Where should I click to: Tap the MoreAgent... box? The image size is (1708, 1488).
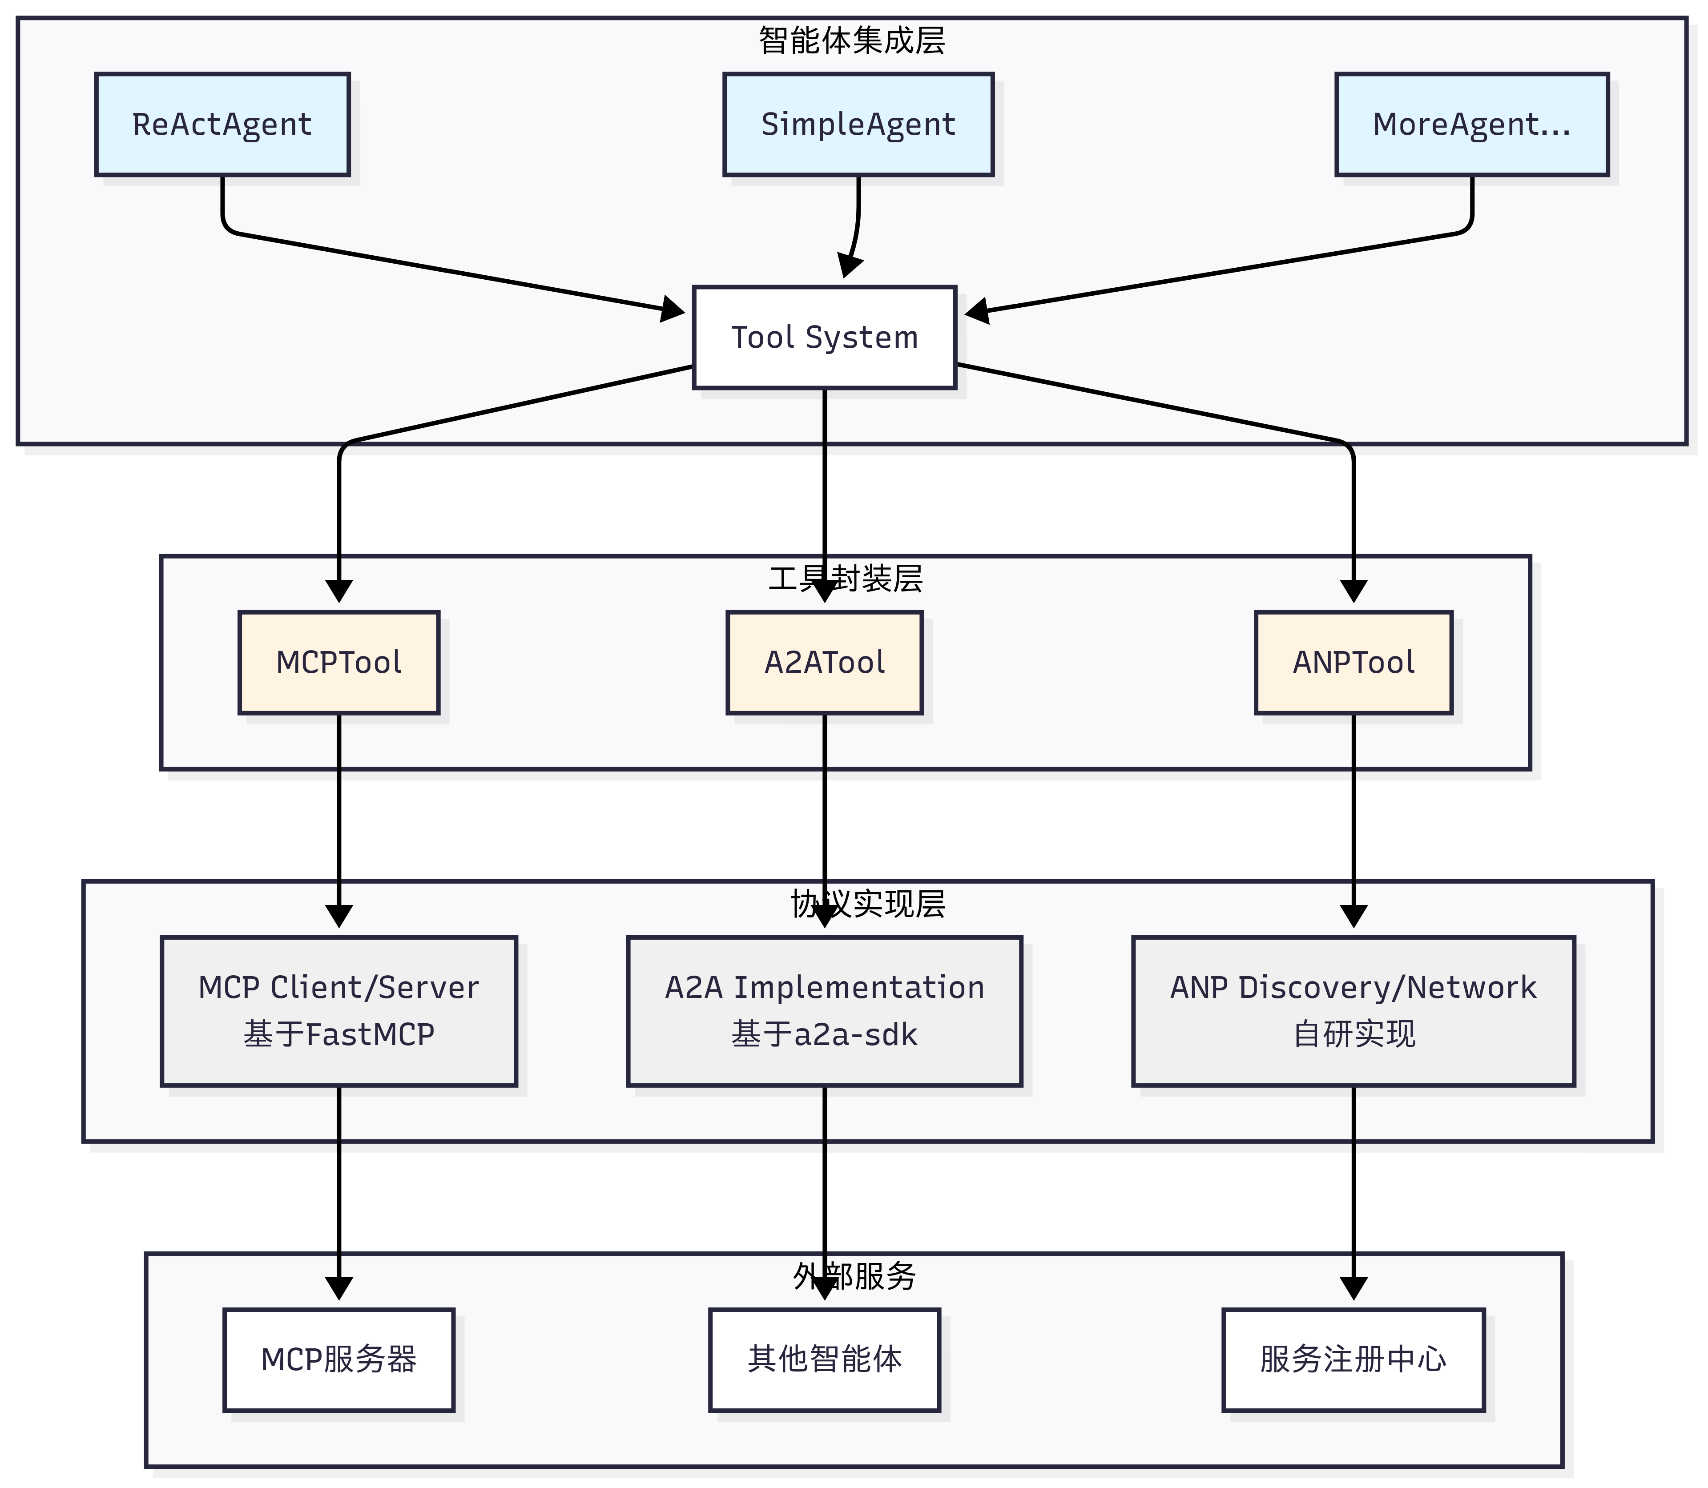(1471, 125)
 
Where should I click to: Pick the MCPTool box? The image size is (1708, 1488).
(339, 663)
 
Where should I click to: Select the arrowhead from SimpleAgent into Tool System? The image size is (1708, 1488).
(849, 266)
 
